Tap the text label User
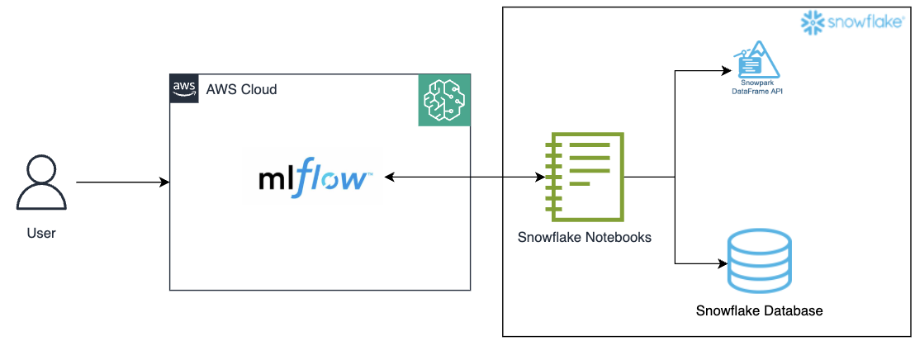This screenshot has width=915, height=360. point(41,234)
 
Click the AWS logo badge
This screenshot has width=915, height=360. point(184,88)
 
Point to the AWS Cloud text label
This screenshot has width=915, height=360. point(241,89)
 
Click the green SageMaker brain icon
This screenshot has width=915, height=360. point(444,100)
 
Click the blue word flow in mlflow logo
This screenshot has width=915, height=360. point(334,178)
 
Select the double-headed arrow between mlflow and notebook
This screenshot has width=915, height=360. point(462,177)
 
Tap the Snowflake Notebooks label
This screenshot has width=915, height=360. point(585,238)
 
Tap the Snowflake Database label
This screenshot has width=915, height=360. point(759,311)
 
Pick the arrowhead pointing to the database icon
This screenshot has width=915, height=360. point(723,264)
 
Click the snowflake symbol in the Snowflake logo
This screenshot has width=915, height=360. point(813,22)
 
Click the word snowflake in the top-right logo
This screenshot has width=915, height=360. point(865,23)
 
